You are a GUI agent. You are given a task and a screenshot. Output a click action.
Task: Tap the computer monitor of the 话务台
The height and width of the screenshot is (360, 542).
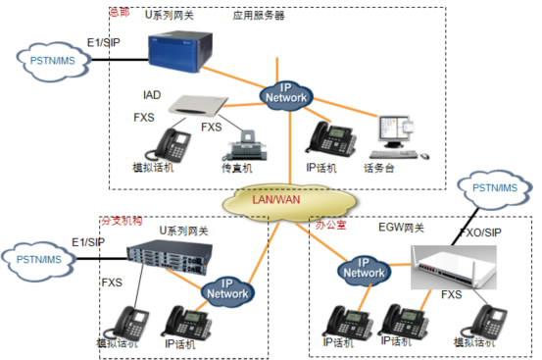click(x=398, y=128)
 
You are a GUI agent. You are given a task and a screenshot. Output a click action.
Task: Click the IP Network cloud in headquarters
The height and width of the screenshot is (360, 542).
click(x=287, y=94)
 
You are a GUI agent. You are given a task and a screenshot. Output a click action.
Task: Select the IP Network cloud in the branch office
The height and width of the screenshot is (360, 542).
click(x=225, y=288)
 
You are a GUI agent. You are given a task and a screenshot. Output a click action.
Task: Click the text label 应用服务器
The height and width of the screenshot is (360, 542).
click(x=259, y=16)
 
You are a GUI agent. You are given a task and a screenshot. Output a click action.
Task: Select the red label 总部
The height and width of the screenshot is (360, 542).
click(x=120, y=14)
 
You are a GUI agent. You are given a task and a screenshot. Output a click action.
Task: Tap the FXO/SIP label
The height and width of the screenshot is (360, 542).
click(x=481, y=235)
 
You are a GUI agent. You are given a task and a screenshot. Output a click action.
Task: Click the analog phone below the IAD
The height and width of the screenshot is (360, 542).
click(x=167, y=144)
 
